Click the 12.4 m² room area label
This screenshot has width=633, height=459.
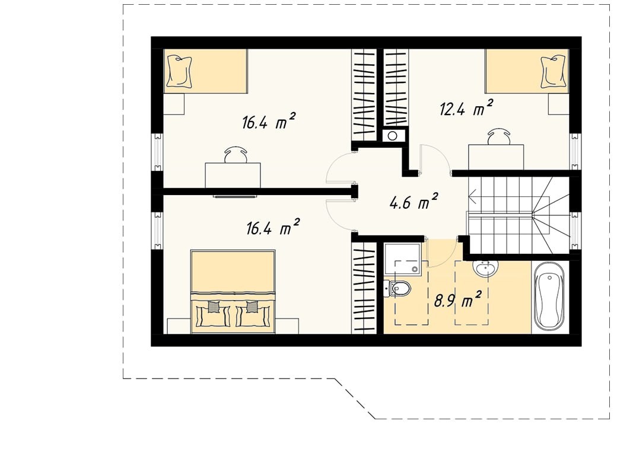(466, 109)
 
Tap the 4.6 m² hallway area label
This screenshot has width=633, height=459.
(413, 202)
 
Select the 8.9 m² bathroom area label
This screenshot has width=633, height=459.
(457, 300)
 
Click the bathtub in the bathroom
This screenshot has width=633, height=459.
(549, 298)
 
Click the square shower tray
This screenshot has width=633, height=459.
(403, 259)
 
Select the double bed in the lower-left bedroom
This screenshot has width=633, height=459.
(233, 291)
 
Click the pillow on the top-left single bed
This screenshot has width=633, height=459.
(179, 71)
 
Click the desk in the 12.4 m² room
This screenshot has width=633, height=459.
(496, 157)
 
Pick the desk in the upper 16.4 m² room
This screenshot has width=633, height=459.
(233, 175)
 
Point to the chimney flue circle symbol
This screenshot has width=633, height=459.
(392, 136)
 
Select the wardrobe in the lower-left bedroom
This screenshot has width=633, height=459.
(364, 288)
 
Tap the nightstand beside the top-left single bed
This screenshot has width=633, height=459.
(174, 104)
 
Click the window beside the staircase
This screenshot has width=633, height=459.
(575, 231)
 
